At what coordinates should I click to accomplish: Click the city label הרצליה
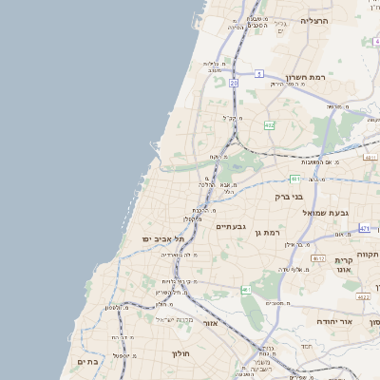click(313, 20)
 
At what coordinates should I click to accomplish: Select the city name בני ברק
click(288, 197)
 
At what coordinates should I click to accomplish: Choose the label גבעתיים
click(231, 226)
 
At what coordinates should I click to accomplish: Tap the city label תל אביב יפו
click(162, 237)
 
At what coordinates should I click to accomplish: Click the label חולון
click(181, 354)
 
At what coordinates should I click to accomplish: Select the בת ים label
click(87, 362)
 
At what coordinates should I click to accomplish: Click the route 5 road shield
click(258, 73)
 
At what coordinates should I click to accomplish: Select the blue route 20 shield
click(234, 83)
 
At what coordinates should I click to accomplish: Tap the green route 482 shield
click(270, 125)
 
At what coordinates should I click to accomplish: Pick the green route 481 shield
click(295, 178)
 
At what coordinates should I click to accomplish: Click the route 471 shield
click(365, 229)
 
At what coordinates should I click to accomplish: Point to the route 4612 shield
click(318, 257)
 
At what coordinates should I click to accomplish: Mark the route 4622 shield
click(363, 296)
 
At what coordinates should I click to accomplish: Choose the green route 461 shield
click(245, 289)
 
